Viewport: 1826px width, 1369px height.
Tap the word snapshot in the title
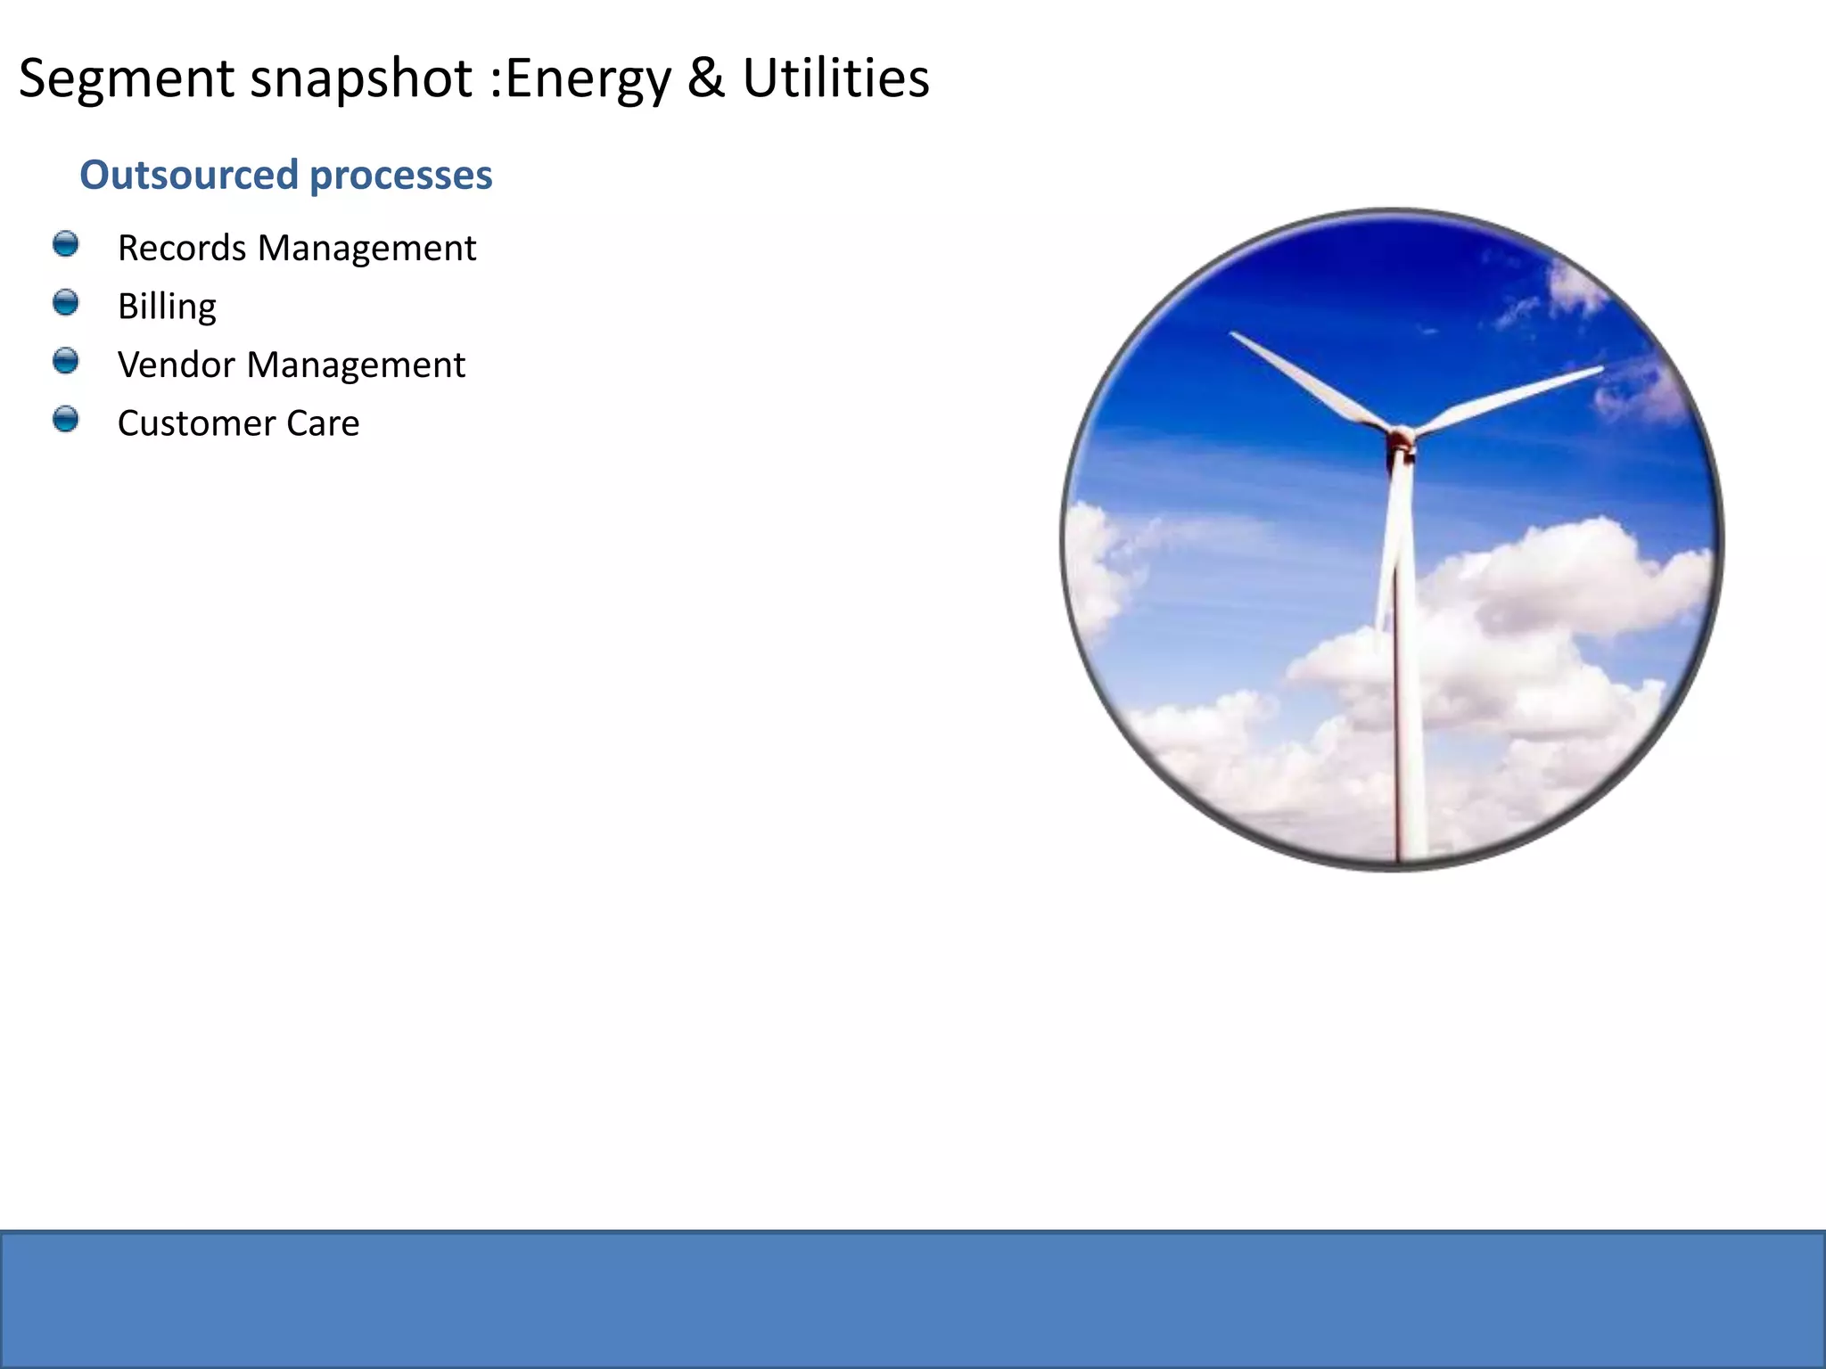tap(360, 78)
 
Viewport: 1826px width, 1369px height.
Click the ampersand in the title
tap(705, 78)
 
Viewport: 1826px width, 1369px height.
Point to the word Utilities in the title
tap(835, 78)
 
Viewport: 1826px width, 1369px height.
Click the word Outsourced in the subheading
tap(188, 175)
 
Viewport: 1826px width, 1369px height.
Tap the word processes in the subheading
tap(400, 175)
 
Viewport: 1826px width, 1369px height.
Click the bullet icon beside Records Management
tap(65, 244)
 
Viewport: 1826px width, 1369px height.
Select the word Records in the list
tap(182, 248)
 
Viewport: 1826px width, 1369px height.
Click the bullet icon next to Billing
tap(65, 303)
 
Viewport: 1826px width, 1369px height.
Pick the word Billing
tap(167, 307)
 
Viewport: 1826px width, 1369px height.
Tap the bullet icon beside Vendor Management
tap(65, 361)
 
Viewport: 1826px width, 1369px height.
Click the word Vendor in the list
tap(176, 365)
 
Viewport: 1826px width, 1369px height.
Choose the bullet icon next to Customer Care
tap(65, 419)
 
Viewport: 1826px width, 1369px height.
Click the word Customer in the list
tap(196, 423)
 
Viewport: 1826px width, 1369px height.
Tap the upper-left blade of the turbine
tap(1302, 378)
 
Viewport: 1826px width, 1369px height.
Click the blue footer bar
tap(913, 1299)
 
